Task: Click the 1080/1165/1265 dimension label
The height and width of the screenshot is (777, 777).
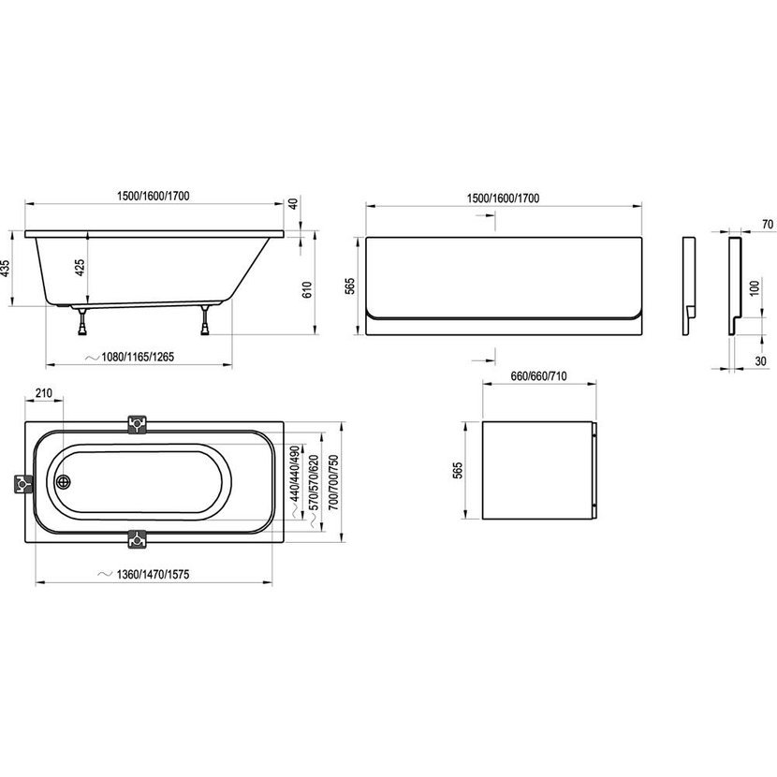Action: (x=138, y=357)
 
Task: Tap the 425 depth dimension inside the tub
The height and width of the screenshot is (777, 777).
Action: (x=80, y=268)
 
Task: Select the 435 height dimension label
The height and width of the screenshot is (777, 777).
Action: (x=5, y=268)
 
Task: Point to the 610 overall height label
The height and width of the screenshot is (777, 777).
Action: (x=307, y=289)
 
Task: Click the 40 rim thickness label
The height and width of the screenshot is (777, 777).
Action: (x=294, y=204)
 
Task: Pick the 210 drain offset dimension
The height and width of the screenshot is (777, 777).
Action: (x=44, y=393)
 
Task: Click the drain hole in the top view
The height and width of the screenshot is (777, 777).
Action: (x=64, y=482)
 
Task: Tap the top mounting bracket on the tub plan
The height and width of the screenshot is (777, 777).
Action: (x=138, y=425)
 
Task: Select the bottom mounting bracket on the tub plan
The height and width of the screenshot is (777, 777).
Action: (x=138, y=539)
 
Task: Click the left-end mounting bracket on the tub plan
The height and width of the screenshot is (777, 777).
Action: (x=23, y=484)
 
